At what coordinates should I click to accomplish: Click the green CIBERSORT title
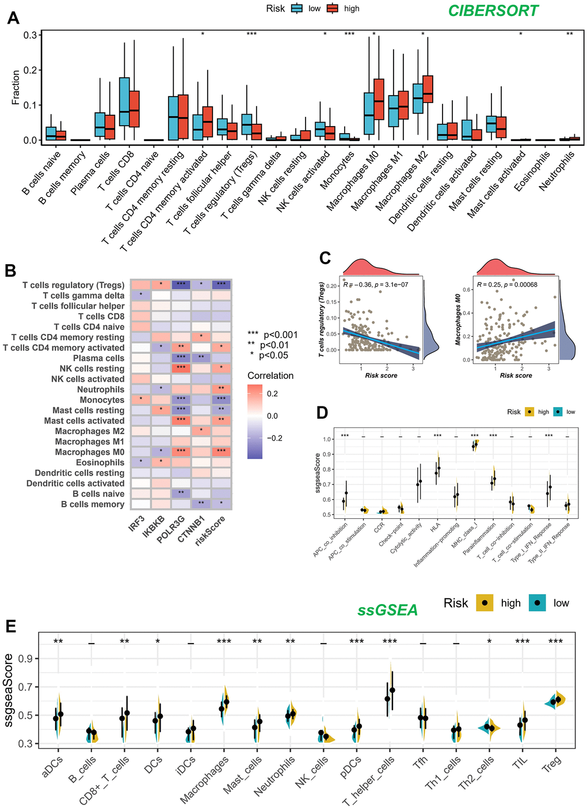(x=493, y=11)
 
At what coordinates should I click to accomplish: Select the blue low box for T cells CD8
(x=124, y=101)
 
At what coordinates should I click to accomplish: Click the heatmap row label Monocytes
(x=102, y=400)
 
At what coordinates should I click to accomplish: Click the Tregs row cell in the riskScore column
(x=221, y=285)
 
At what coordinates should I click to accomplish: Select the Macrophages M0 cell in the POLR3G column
(x=181, y=452)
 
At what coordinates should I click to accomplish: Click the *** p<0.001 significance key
(x=273, y=335)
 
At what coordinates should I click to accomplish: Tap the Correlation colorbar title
(x=270, y=375)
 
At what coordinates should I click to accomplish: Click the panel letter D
(x=323, y=413)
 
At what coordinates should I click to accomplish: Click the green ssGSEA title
(x=388, y=610)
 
